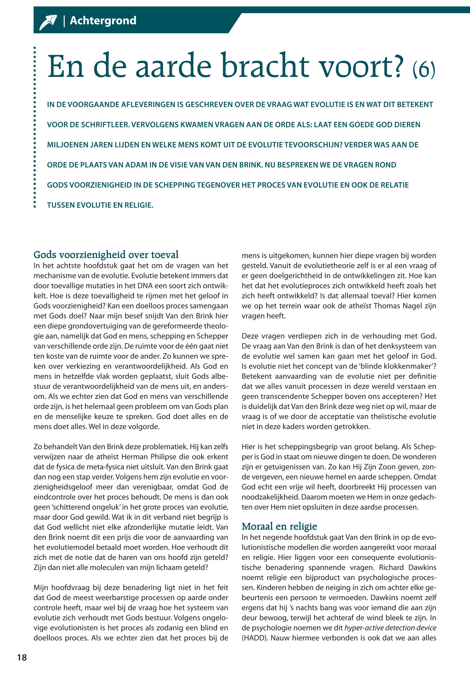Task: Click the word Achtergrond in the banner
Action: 103,21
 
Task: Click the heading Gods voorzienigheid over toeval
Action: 106,255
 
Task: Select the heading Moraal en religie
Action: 279,526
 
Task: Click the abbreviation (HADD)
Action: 254,638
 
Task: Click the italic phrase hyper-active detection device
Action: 390,628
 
